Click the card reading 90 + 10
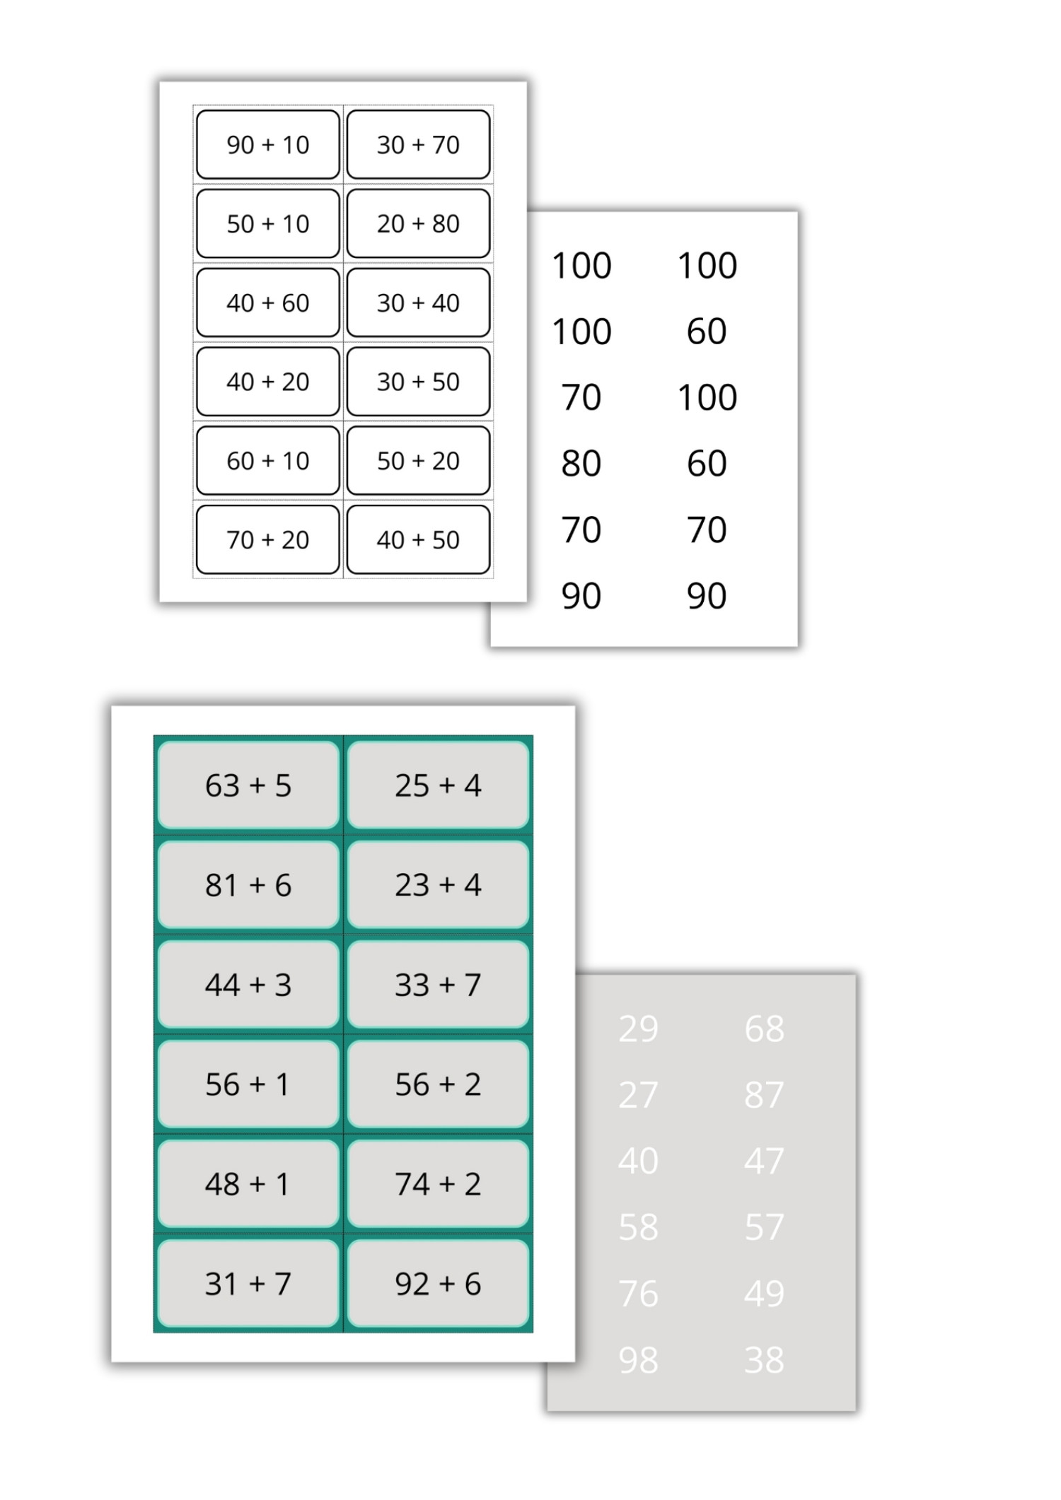tap(268, 144)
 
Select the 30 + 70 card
tap(418, 144)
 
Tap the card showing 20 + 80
tap(418, 223)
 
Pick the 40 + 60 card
tap(268, 303)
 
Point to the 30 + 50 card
tap(418, 382)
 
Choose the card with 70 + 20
tap(268, 539)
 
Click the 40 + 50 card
tap(418, 539)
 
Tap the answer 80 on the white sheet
tap(581, 464)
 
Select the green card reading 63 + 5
tap(248, 785)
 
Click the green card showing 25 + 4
tap(438, 785)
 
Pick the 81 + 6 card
tap(248, 884)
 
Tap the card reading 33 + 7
tap(438, 984)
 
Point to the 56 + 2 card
tap(438, 1084)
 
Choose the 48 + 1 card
tap(248, 1183)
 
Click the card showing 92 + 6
tap(438, 1283)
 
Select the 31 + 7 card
tap(248, 1283)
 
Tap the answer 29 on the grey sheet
tap(638, 1029)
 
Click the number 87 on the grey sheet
tap(764, 1095)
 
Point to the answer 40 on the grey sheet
tap(638, 1161)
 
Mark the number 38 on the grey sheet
tap(764, 1360)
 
